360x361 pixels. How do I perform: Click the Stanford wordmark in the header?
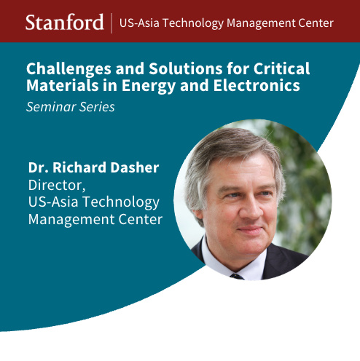pos(65,22)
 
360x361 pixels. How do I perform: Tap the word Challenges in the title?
pos(69,69)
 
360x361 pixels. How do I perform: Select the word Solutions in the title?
pos(186,68)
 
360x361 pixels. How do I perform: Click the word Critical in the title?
pos(282,68)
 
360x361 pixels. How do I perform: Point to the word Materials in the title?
pos(63,85)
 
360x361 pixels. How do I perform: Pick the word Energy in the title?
pos(148,86)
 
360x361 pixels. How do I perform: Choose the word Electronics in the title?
pos(257,85)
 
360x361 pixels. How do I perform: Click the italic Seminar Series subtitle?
pos(71,107)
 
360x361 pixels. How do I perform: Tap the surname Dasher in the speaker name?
pos(135,167)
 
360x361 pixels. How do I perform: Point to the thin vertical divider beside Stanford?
pos(111,23)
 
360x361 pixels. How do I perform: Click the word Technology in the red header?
pos(193,24)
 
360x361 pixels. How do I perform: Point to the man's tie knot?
pos(237,277)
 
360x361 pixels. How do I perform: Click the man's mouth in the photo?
pos(249,229)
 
